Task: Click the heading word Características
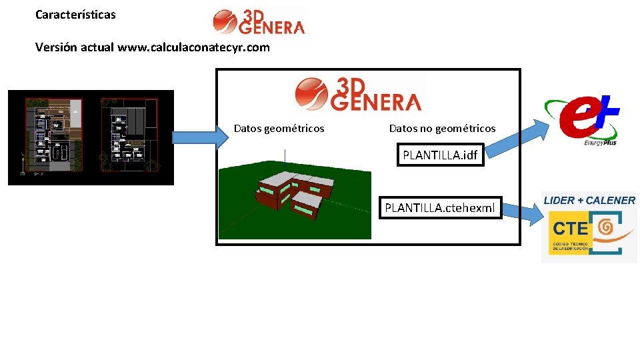tap(75, 14)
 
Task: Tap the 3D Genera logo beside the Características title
tap(259, 21)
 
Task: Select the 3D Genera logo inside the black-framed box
tap(358, 94)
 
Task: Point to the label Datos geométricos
tap(279, 128)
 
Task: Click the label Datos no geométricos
tap(442, 128)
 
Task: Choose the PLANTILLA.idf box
tap(440, 155)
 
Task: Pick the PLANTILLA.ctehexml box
tap(440, 209)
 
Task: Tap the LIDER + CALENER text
tap(589, 200)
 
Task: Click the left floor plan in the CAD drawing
tap(53, 133)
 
